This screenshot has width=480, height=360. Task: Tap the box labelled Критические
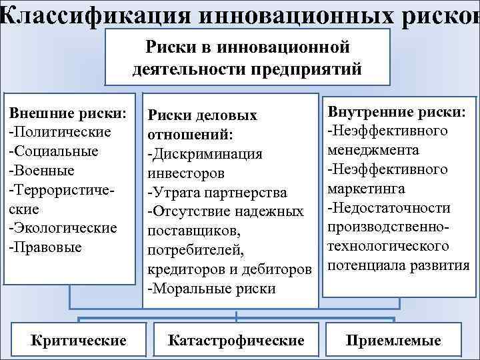[x=79, y=340]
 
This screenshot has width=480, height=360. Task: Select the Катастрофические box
[x=236, y=340]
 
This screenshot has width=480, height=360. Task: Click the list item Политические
[x=60, y=132]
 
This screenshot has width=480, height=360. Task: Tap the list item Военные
[x=43, y=171]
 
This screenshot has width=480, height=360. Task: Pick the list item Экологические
[x=63, y=228]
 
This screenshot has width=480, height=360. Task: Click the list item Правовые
[x=46, y=247]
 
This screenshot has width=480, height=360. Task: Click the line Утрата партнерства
[x=217, y=193]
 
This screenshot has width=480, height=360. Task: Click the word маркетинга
[x=366, y=189]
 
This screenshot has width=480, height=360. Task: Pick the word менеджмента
[x=373, y=150]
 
